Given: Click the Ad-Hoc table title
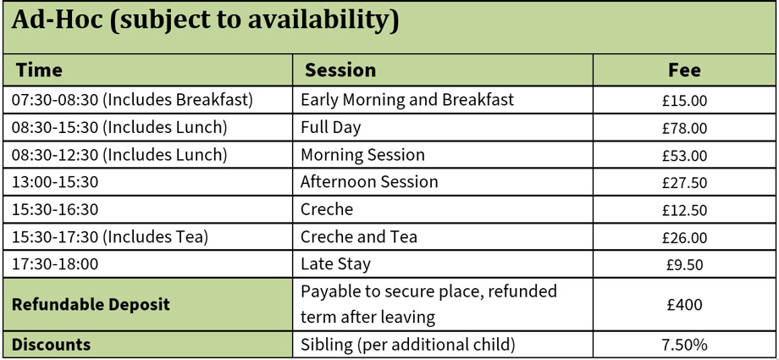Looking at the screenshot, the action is coord(204,21).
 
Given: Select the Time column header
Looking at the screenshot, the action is coord(39,70).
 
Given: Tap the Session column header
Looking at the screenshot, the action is coord(340,70).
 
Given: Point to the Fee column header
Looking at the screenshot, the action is coord(684,70).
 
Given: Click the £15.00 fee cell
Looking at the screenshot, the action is coord(684,101).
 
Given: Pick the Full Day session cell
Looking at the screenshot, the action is coord(331,128).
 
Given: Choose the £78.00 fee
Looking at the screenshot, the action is coord(684,128).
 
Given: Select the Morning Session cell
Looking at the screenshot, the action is coord(362,155).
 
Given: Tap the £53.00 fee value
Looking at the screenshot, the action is coord(684,156).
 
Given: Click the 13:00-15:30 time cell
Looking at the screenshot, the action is coord(55,182).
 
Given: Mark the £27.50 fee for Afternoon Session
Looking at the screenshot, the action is coord(684,182).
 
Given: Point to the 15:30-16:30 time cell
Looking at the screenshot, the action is coord(55,209).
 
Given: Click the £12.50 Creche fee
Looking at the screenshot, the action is coord(684,210).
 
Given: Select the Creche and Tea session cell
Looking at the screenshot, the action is coord(359,236).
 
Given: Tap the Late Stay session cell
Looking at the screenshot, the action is coord(336,264).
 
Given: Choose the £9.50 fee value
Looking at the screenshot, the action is coord(684,264).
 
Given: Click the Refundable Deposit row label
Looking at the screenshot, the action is coord(91,304).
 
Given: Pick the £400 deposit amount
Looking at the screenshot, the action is coord(684,304).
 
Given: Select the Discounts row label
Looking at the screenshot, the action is coord(51,345).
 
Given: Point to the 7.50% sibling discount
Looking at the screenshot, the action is coord(684,345).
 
